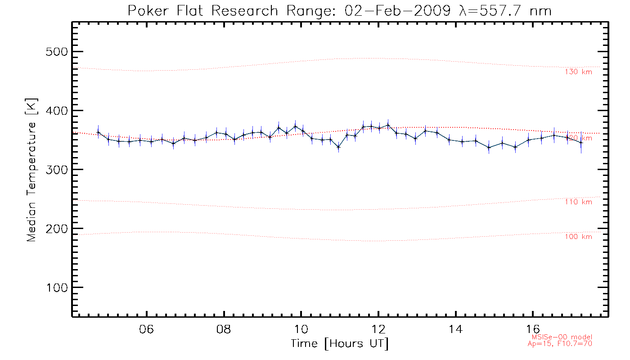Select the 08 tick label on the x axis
(224, 329)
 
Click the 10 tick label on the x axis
(301, 329)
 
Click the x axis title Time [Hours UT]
(340, 344)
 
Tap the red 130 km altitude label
(578, 72)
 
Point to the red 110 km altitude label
(578, 202)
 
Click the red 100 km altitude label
(578, 237)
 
